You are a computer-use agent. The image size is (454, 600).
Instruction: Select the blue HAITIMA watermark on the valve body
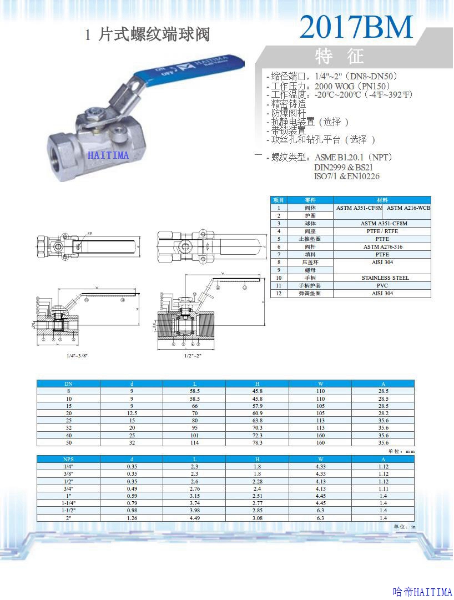[108, 155]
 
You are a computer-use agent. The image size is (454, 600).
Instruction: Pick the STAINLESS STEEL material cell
[385, 278]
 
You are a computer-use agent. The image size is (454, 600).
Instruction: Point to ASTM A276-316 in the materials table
[383, 246]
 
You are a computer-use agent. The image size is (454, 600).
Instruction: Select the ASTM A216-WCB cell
[408, 208]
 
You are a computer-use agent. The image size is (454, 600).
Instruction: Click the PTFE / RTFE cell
[383, 231]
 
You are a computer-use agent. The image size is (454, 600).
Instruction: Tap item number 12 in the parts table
[279, 293]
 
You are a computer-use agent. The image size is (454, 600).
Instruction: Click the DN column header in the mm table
[68, 384]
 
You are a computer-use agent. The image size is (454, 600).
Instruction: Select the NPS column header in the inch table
[68, 459]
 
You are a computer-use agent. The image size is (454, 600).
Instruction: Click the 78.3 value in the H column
[257, 442]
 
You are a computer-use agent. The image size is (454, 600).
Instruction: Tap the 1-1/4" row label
[68, 503]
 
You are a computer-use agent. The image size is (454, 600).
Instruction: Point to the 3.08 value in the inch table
[257, 518]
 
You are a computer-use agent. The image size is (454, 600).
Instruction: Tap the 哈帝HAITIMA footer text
[421, 592]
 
